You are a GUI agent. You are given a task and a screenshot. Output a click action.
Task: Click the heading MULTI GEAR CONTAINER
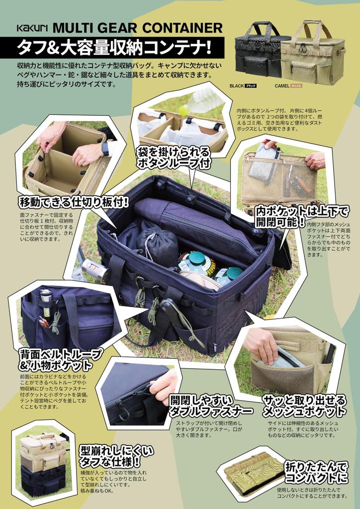point(137,27)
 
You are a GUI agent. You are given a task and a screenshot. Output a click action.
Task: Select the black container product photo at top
point(260,50)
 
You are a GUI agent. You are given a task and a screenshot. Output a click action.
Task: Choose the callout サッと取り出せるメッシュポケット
point(304,405)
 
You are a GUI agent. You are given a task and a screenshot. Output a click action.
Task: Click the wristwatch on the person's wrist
point(105,148)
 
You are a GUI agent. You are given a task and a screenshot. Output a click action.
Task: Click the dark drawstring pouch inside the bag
point(157,246)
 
